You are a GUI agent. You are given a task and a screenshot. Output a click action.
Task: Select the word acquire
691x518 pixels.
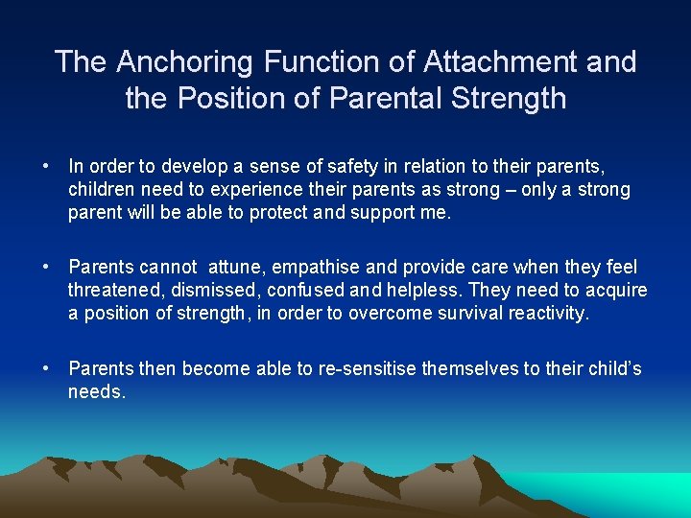point(617,291)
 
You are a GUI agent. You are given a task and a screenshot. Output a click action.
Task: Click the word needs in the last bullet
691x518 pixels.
point(96,392)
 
